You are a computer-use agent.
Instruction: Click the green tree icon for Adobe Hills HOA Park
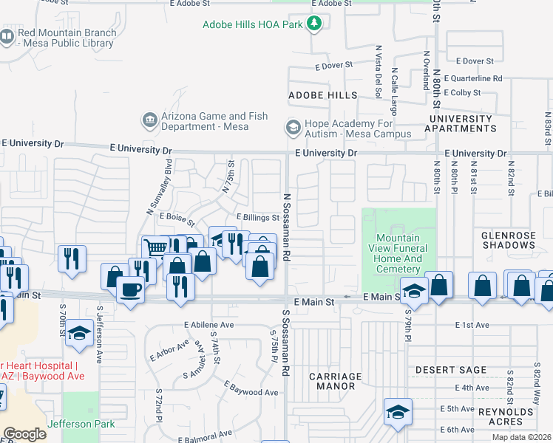coord(315,24)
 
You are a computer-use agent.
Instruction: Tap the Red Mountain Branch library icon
coord(7,37)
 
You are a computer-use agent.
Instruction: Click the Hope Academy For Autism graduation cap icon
coord(294,127)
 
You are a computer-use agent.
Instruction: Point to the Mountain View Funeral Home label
coord(398,253)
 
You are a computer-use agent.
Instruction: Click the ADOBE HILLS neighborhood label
coord(322,95)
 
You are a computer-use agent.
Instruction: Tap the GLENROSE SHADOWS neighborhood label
coord(512,241)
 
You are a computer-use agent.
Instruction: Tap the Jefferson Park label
coord(82,424)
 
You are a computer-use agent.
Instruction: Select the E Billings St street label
coord(257,217)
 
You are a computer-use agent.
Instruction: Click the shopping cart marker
coord(155,248)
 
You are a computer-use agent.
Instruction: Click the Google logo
coord(24,434)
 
